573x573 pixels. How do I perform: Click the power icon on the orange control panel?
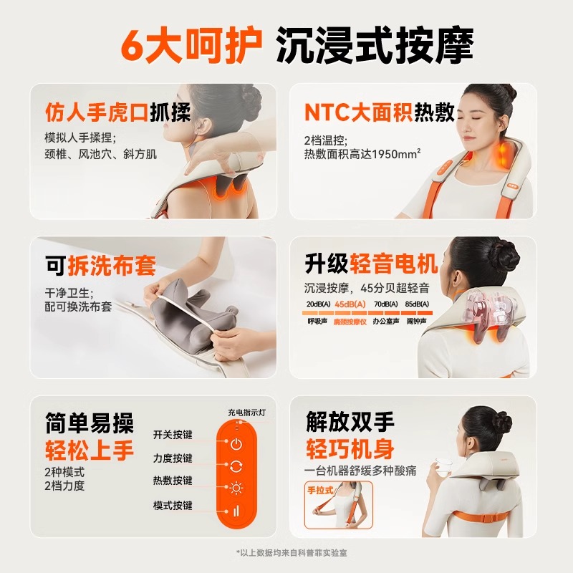[x=236, y=444]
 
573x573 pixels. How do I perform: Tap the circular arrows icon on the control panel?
[x=236, y=466]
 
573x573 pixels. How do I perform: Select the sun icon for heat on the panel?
[x=236, y=488]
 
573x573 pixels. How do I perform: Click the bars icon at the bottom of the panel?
[x=236, y=511]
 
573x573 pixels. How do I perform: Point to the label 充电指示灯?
[x=247, y=413]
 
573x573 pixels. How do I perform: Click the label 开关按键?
[x=173, y=435]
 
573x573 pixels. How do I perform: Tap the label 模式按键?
[x=173, y=506]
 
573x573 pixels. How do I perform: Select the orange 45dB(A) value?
[x=350, y=304]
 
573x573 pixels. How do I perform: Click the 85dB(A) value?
[x=417, y=304]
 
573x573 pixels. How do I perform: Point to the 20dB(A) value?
[x=318, y=304]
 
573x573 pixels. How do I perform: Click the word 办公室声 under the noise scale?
[x=386, y=321]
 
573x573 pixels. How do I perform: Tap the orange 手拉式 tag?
[x=320, y=490]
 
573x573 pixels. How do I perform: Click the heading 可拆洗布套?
[x=100, y=265]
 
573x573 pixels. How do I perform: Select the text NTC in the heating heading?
[x=327, y=112]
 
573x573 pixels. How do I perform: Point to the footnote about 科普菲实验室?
[x=292, y=552]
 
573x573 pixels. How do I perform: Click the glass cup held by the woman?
[x=443, y=467]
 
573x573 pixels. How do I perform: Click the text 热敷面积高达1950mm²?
[x=362, y=154]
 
